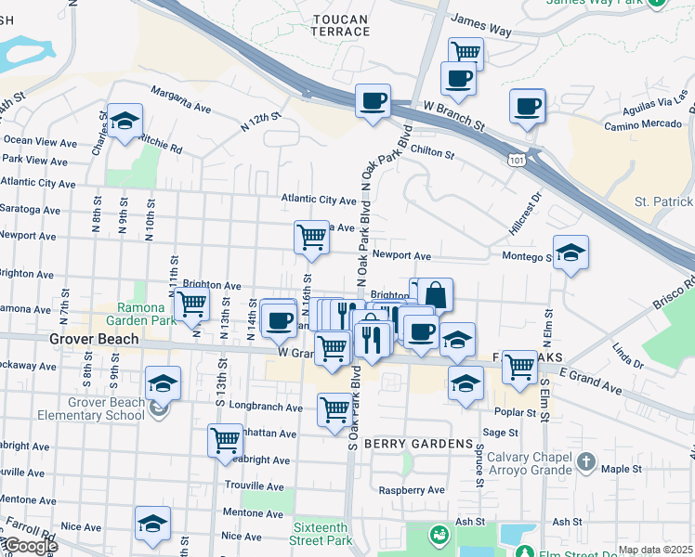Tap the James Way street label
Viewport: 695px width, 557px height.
(x=481, y=25)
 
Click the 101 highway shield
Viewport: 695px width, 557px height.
(x=516, y=161)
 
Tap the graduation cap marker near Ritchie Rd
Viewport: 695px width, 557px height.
(x=125, y=121)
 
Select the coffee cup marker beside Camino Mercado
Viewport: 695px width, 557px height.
(x=527, y=105)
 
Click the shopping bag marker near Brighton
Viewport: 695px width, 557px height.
(x=435, y=294)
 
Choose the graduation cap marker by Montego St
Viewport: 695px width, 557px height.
(x=570, y=252)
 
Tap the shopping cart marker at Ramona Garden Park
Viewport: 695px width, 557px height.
(x=191, y=303)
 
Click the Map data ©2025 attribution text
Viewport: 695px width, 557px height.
(x=655, y=550)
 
